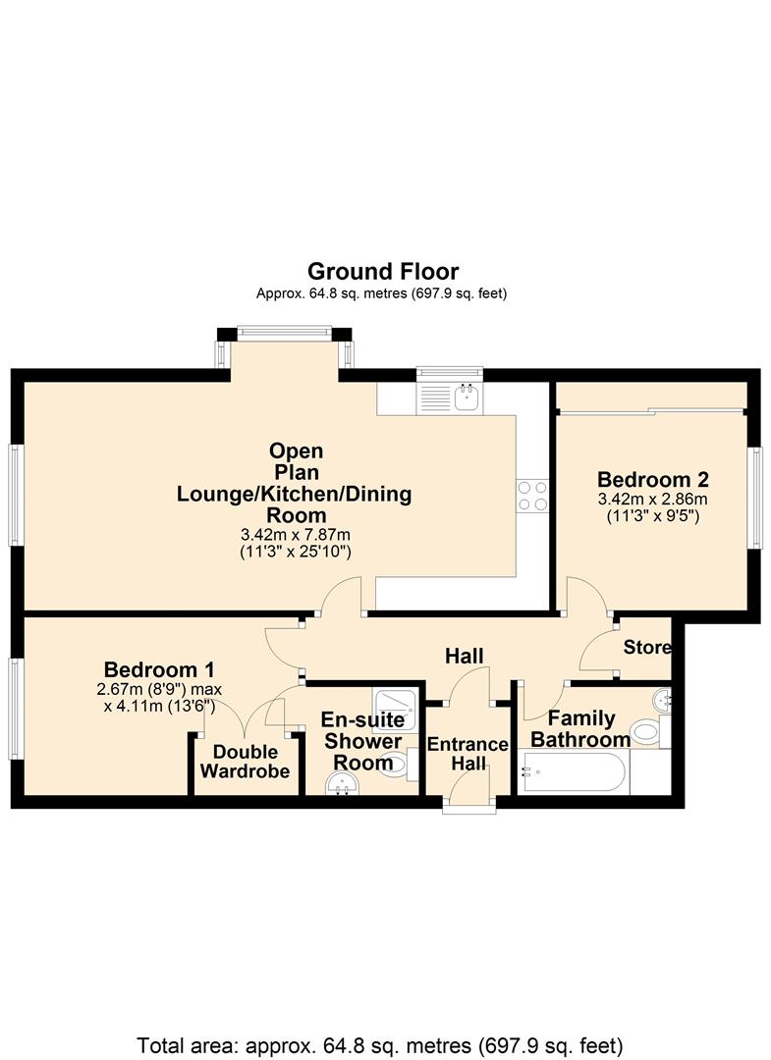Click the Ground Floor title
[382, 271]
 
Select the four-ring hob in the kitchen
[532, 495]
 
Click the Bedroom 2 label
[653, 480]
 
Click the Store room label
[647, 648]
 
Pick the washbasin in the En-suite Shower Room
[343, 784]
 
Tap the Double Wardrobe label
[246, 762]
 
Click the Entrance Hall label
[468, 754]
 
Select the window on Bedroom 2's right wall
[755, 497]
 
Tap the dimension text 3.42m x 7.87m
[296, 535]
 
